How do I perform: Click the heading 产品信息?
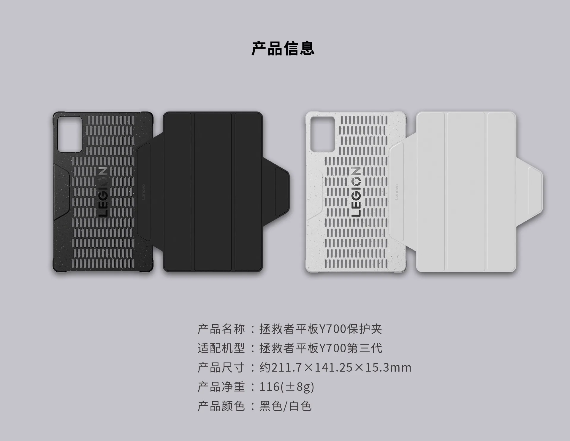click(x=283, y=49)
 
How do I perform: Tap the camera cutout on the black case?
click(x=70, y=134)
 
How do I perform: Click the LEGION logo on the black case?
click(x=103, y=192)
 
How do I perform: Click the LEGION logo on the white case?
click(x=356, y=192)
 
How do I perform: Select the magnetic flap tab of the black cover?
click(x=282, y=192)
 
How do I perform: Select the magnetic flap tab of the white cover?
click(x=535, y=192)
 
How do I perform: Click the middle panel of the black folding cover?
click(x=213, y=192)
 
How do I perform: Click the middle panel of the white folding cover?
click(x=466, y=192)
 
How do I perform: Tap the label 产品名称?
click(x=221, y=329)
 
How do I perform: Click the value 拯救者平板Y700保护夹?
click(x=321, y=329)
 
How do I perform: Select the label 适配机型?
click(x=221, y=348)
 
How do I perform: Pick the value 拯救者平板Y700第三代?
click(x=321, y=348)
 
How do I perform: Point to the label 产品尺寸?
click(x=221, y=367)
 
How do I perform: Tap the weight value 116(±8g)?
click(x=286, y=387)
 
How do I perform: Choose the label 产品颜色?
click(x=221, y=406)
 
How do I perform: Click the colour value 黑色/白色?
click(x=286, y=406)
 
